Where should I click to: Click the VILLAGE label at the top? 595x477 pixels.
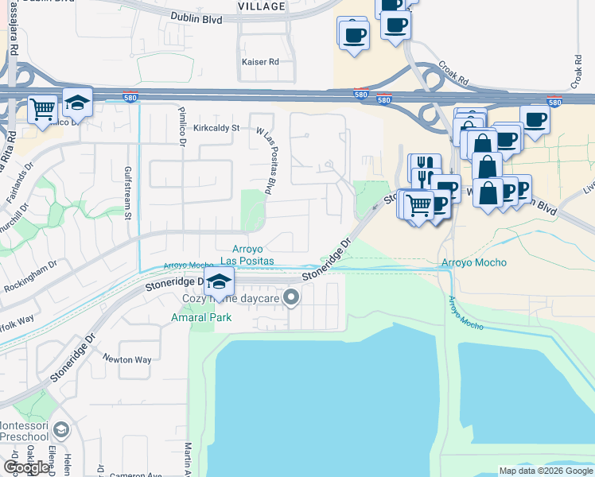(x=262, y=6)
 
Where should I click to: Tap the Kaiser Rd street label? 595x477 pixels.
(x=261, y=61)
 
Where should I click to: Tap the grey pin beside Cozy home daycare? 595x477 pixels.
(x=292, y=298)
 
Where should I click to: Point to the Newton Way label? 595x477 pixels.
(x=127, y=359)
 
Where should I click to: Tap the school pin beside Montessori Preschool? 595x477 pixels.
(x=60, y=431)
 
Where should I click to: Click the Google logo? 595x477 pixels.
(x=26, y=467)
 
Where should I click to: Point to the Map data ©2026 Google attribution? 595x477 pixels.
(x=546, y=471)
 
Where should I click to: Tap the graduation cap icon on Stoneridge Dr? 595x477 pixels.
(x=219, y=281)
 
